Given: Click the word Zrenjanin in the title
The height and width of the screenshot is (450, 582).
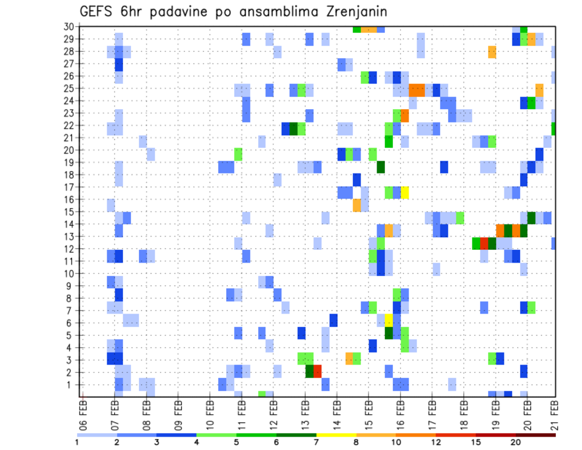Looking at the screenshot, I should point(352,12).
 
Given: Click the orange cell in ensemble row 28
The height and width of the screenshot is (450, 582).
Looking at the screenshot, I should point(492,52).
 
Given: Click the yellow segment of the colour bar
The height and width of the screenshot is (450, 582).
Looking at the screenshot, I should point(336,435).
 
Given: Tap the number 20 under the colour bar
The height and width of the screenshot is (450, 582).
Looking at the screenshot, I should point(515,443).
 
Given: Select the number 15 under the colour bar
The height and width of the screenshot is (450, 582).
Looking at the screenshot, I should point(475,443).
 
